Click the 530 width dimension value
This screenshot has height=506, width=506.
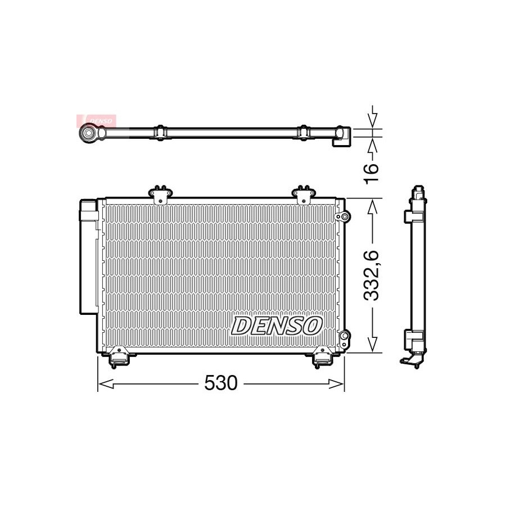[221, 383]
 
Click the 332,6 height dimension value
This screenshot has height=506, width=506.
[372, 275]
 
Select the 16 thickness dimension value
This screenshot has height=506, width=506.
[372, 173]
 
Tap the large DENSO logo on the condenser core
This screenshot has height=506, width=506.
[277, 326]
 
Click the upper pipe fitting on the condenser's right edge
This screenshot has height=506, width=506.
[343, 216]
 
